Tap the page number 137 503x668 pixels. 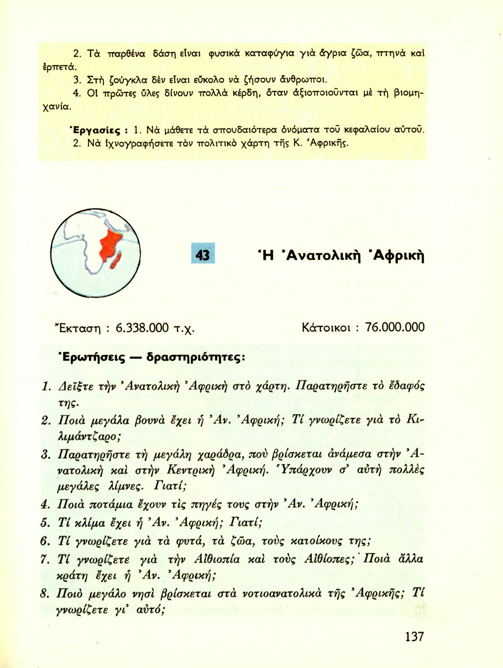pyautogui.click(x=414, y=636)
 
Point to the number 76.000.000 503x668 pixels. pyautogui.click(x=394, y=327)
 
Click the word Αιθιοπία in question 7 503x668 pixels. pyautogui.click(x=217, y=559)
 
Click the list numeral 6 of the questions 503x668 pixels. pyautogui.click(x=45, y=541)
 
